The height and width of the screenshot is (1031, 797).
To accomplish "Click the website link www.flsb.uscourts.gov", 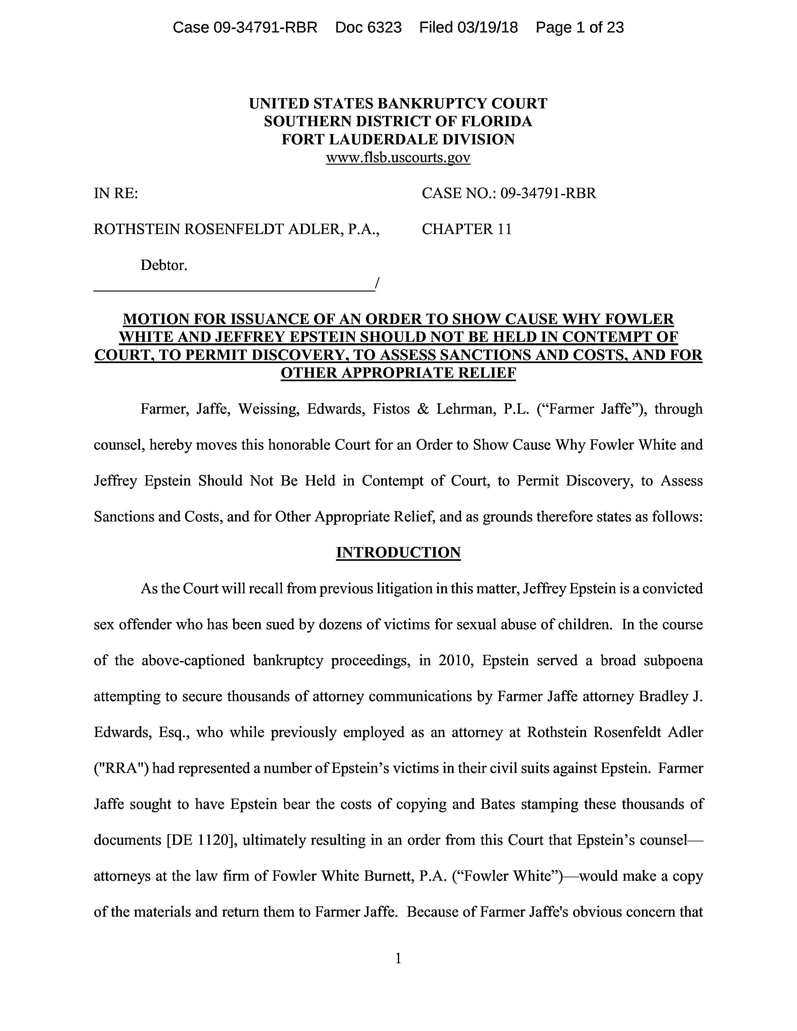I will [x=398, y=158].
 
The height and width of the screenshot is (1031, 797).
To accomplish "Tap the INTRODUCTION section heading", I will [x=398, y=552].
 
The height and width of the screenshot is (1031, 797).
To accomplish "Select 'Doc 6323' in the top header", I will [x=368, y=27].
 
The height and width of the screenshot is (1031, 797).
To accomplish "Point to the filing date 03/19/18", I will [x=487, y=27].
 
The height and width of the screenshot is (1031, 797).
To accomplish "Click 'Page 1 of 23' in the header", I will [x=579, y=27].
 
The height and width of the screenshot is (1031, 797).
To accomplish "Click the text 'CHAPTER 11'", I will [x=467, y=229].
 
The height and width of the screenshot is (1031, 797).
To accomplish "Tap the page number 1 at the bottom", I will [x=398, y=958].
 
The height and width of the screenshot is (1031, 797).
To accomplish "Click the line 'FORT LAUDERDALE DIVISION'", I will [x=398, y=139].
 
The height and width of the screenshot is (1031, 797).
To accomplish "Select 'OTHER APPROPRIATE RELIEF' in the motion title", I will [x=398, y=373].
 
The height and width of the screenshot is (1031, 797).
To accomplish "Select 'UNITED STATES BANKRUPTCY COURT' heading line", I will [x=398, y=103].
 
